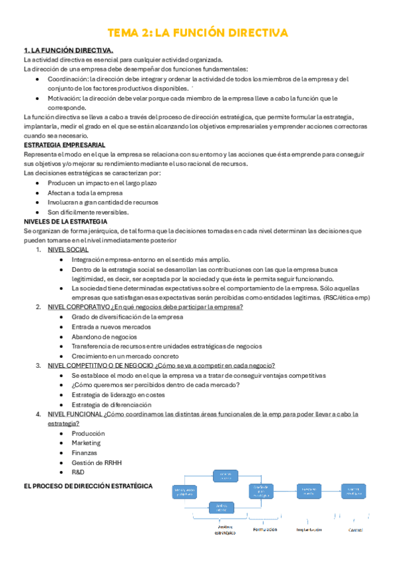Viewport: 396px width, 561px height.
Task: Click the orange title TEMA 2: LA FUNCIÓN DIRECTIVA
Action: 198,32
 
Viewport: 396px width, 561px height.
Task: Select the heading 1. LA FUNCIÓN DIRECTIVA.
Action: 68,50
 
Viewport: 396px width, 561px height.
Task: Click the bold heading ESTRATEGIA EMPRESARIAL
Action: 64,145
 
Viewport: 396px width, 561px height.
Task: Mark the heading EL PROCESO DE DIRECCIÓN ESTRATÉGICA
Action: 87,486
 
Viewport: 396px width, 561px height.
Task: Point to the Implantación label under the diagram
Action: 308,529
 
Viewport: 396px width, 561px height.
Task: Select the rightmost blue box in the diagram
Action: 353,491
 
